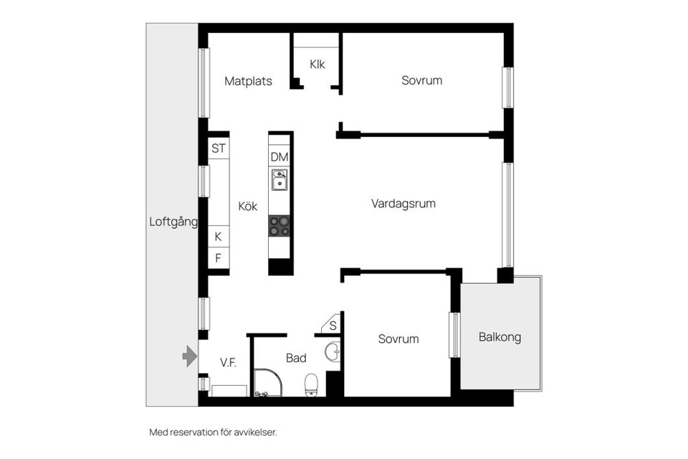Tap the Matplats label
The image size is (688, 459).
pyautogui.click(x=248, y=81)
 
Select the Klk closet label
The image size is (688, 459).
pyautogui.click(x=317, y=64)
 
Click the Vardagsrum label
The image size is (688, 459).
pyautogui.click(x=403, y=204)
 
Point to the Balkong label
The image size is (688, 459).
pyautogui.click(x=500, y=337)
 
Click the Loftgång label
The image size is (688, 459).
pyautogui.click(x=173, y=222)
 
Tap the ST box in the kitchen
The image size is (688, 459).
pyautogui.click(x=219, y=149)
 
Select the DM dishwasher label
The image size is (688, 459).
pyautogui.click(x=279, y=157)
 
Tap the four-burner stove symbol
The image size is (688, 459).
pyautogui.click(x=279, y=226)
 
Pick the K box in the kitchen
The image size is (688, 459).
pyautogui.click(x=218, y=237)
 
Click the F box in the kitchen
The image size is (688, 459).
pyautogui.click(x=218, y=257)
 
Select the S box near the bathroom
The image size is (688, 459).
pyautogui.click(x=333, y=326)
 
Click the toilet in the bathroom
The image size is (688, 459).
pyautogui.click(x=311, y=384)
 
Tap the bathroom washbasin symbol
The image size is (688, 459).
pyautogui.click(x=333, y=352)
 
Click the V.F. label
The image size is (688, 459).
pyautogui.click(x=228, y=363)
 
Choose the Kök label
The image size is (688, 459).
pyautogui.click(x=247, y=206)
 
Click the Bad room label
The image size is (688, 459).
pyautogui.click(x=296, y=357)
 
